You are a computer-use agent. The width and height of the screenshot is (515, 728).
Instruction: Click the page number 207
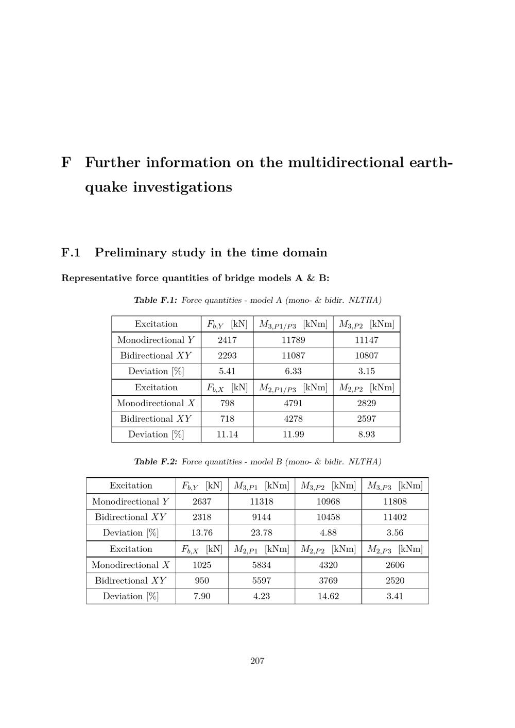point(257,661)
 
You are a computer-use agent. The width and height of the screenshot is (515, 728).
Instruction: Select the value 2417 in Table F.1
point(227,340)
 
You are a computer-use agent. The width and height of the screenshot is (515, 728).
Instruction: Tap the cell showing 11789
point(293,340)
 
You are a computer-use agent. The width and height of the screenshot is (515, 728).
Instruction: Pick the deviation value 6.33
point(293,371)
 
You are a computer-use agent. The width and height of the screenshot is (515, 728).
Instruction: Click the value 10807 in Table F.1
point(366,355)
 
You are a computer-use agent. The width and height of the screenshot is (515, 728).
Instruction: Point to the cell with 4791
point(293,403)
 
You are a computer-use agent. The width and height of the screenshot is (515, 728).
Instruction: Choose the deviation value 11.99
point(293,435)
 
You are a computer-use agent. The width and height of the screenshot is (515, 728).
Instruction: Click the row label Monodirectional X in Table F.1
point(156,403)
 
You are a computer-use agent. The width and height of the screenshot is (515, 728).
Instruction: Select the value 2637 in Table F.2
point(202,501)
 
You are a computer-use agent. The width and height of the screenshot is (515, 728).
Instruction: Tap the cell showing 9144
point(262,517)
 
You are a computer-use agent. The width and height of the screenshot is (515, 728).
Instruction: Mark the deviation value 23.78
point(262,533)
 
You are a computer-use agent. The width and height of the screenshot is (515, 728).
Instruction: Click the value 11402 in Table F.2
point(395,517)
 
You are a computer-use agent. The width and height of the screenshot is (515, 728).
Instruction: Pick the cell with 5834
point(262,565)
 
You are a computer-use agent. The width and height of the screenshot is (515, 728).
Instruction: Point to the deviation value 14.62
point(328,596)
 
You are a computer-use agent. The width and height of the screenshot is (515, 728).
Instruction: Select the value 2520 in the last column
point(395,581)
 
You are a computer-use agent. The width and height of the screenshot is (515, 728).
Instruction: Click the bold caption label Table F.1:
point(156,300)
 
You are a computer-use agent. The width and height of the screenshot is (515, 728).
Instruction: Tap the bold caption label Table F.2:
point(156,462)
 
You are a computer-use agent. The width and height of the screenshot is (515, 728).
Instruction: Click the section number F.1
point(71,253)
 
